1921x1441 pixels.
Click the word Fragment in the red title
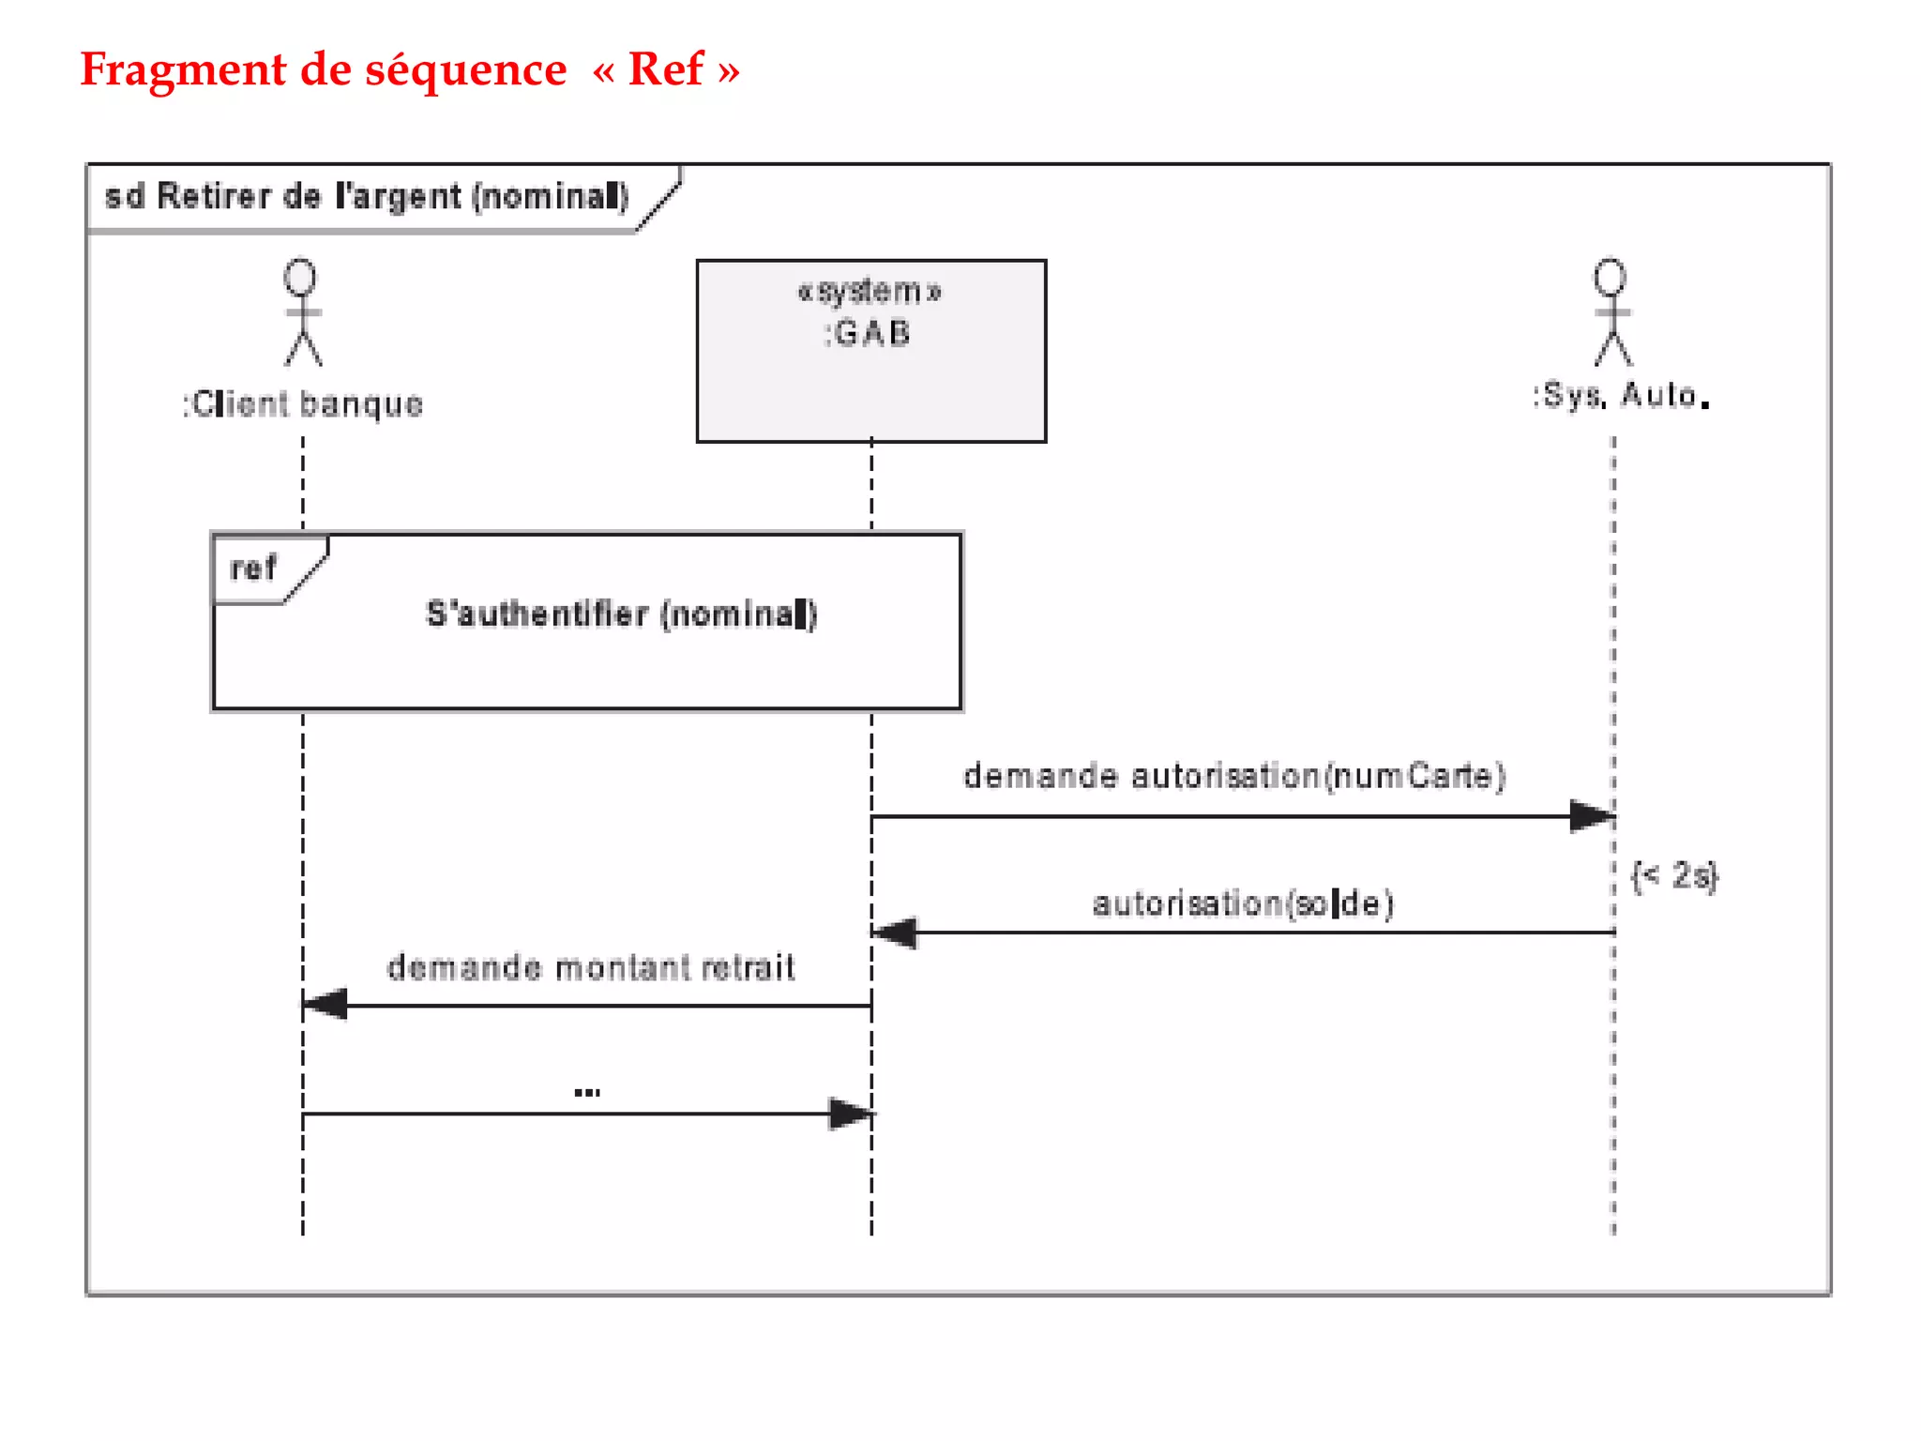(183, 70)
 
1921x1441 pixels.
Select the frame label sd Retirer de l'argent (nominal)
(366, 196)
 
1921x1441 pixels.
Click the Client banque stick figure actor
(302, 312)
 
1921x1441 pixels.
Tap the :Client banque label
(303, 404)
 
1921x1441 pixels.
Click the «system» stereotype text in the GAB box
(870, 292)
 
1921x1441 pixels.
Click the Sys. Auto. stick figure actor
(1611, 312)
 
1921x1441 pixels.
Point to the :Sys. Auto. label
(1621, 396)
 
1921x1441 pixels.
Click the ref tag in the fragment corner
(253, 569)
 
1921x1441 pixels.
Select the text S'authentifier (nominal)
(622, 614)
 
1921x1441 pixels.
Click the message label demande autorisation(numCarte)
(1234, 777)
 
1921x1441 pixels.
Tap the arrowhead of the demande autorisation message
(1592, 816)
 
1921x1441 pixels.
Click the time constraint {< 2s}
(1675, 876)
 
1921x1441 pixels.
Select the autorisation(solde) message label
(1243, 903)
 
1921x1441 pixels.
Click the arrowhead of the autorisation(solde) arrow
(895, 933)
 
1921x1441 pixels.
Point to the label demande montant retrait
(591, 968)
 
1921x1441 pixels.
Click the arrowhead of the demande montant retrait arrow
(325, 1005)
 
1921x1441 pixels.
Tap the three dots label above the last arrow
(587, 1092)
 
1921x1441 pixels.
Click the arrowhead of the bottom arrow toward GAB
(851, 1115)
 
